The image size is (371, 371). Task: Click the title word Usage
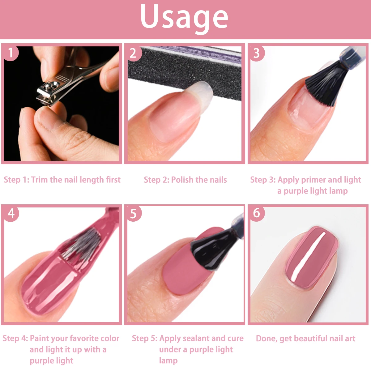pos(184,17)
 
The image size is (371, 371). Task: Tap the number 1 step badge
pos(11,53)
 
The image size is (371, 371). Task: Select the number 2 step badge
pos(133,53)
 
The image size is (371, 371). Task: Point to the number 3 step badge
pos(256,53)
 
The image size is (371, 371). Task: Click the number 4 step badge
pos(11,213)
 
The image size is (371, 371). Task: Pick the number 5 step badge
pos(133,213)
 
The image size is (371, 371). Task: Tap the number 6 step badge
pos(257,213)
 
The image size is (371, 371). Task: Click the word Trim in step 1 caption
pos(40,180)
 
